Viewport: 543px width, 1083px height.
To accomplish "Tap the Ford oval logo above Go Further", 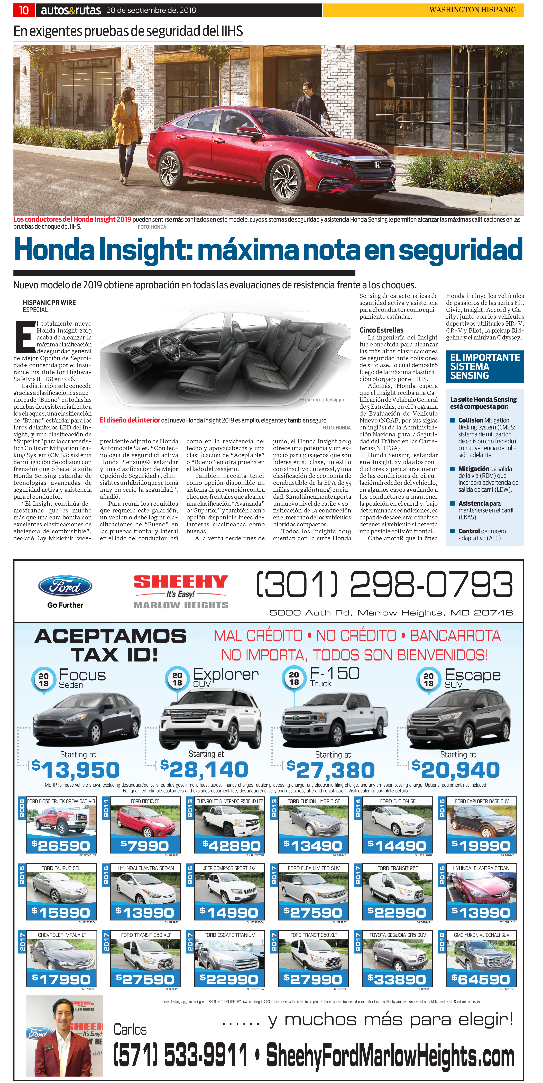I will tap(65, 586).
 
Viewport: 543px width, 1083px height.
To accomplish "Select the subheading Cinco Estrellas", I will tap(381, 330).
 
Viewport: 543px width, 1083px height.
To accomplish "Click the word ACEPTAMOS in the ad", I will tap(111, 636).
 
